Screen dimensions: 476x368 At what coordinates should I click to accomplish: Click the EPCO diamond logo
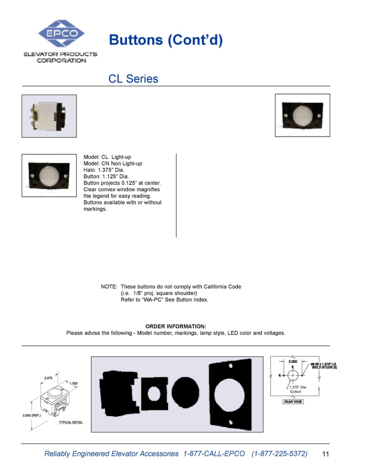tap(61, 33)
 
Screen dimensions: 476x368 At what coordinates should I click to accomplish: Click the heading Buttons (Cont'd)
tap(166, 40)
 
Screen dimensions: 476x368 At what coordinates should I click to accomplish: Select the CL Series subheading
tap(133, 79)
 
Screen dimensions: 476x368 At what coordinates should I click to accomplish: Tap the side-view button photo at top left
tap(49, 116)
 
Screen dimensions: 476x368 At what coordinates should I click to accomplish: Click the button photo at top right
tap(302, 115)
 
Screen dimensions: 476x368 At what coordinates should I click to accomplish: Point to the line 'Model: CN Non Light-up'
tap(112, 163)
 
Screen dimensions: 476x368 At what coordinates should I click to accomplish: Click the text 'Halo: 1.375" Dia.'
tap(104, 170)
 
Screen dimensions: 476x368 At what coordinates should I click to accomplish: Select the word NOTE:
tap(109, 287)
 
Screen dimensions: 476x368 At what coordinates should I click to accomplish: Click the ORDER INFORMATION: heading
tap(176, 326)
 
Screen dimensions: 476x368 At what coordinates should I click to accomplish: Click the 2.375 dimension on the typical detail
tap(48, 378)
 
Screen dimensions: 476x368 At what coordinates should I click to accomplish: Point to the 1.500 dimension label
tap(74, 383)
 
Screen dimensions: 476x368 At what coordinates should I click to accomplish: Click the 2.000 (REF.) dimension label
tap(32, 415)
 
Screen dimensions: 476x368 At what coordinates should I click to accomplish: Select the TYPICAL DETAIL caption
tap(71, 422)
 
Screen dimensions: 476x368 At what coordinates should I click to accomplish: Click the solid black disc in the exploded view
tap(185, 392)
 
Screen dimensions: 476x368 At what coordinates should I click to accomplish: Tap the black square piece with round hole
tap(155, 393)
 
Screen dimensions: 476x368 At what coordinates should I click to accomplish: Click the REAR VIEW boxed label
tap(293, 402)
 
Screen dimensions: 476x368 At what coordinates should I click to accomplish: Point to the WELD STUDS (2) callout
tap(324, 367)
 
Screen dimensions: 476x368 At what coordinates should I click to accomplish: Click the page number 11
tap(325, 454)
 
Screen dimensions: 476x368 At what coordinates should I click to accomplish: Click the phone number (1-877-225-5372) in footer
tap(279, 454)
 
